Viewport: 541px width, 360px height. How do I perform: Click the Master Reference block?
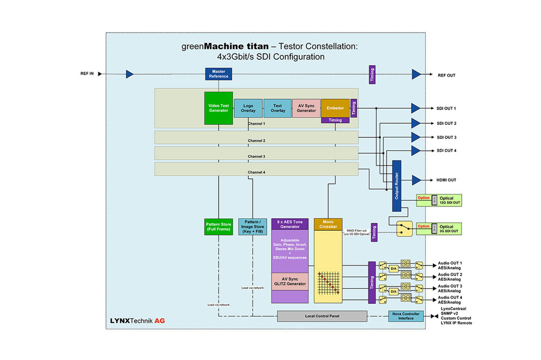(219, 74)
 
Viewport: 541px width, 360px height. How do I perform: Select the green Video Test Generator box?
(219, 108)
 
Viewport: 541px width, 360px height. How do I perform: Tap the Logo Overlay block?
(248, 108)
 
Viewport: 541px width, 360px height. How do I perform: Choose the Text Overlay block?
(278, 108)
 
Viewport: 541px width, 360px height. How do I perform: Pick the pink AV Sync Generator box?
(306, 108)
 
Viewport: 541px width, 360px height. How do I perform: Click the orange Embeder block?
(335, 108)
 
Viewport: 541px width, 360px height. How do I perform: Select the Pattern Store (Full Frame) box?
(219, 227)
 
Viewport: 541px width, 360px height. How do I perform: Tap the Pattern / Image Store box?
(252, 227)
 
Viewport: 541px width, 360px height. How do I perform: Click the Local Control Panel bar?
(322, 316)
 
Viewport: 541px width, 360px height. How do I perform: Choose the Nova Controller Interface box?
(406, 316)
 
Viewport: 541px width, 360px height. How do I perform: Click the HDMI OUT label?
(446, 180)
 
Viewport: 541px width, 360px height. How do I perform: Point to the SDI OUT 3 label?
(446, 137)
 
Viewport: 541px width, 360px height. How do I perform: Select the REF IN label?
(87, 74)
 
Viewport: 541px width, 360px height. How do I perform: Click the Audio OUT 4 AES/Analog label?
(450, 300)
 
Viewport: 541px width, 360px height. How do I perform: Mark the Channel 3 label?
(256, 156)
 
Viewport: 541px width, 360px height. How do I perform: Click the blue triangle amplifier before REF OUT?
(416, 74)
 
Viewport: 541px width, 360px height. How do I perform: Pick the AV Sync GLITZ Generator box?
(289, 282)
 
